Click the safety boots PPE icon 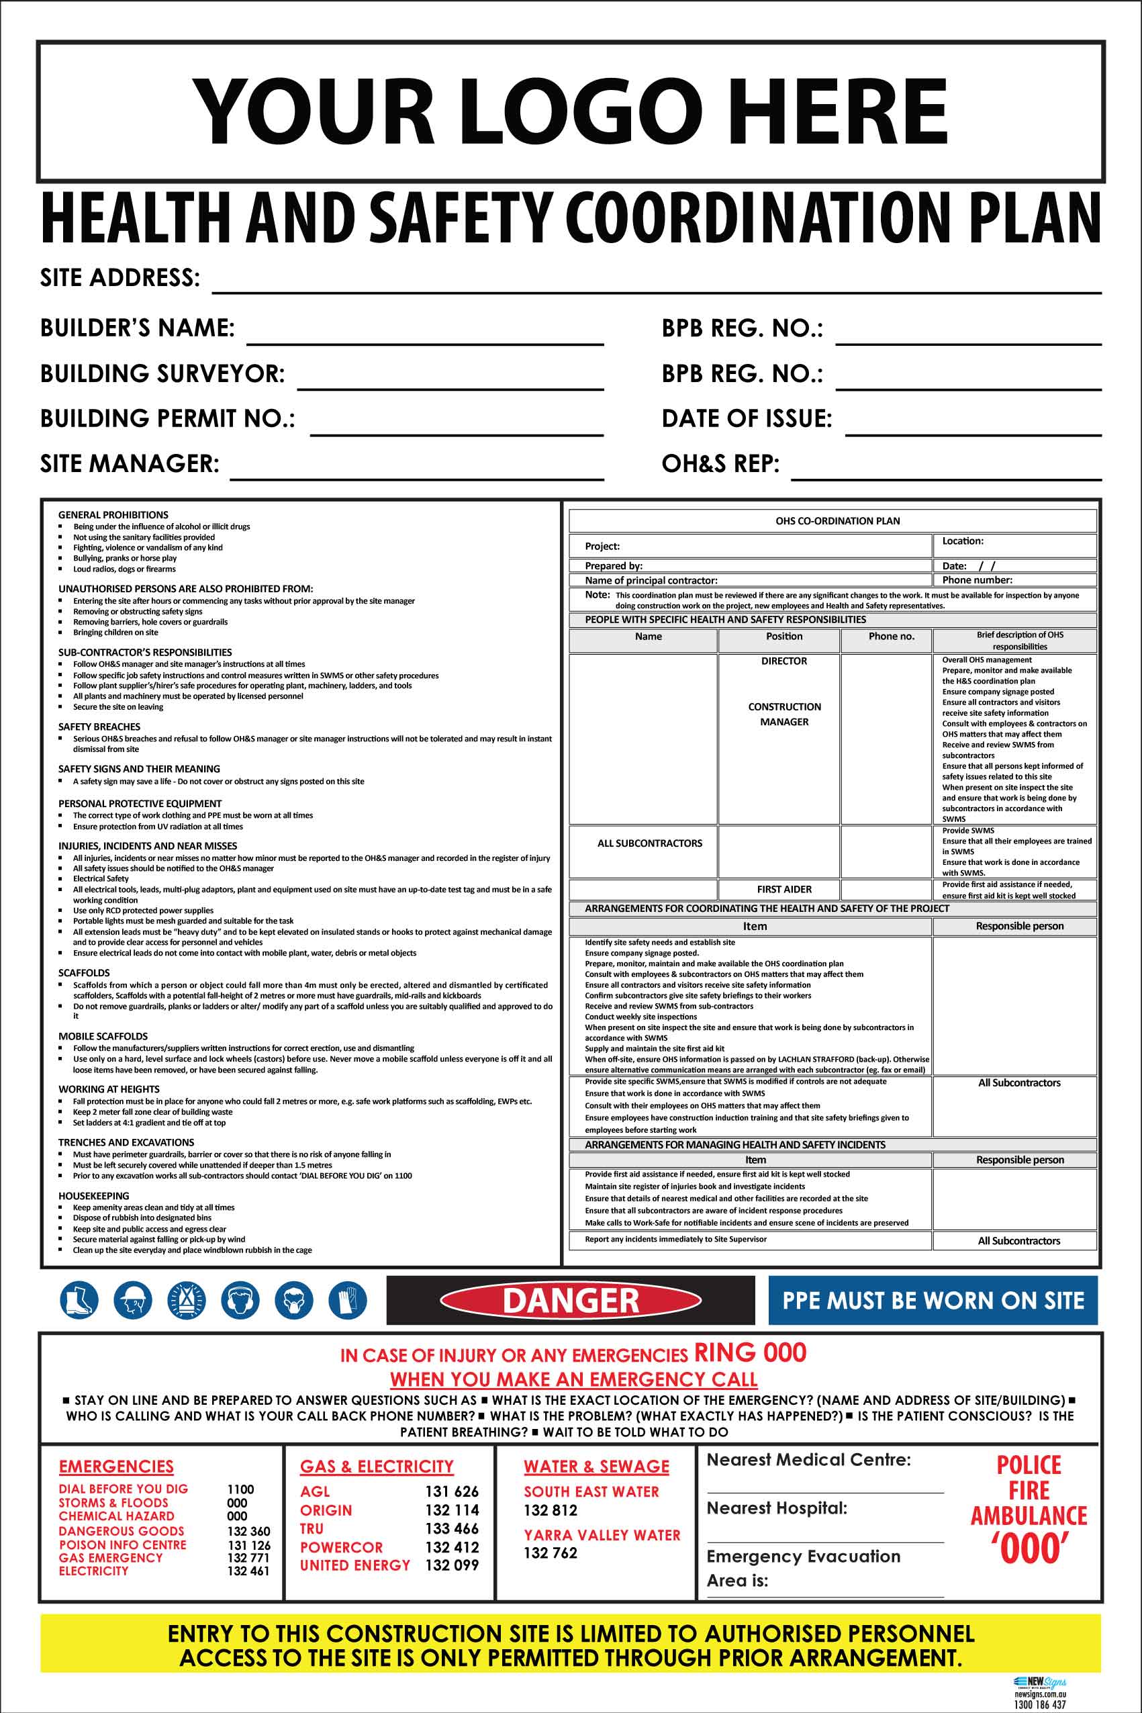pos(79,1300)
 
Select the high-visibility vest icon pos(187,1300)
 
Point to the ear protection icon pos(240,1300)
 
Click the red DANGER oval pos(570,1300)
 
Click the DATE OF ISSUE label pos(747,419)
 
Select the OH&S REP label pos(720,464)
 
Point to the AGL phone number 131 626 pos(452,1491)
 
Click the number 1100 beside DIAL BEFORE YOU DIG pos(240,1489)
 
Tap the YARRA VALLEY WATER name pos(602,1534)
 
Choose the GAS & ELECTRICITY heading pos(377,1466)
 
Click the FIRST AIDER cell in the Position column pos(783,889)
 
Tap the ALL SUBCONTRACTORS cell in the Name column pos(650,843)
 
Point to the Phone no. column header pos(891,637)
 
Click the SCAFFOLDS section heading pos(84,973)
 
